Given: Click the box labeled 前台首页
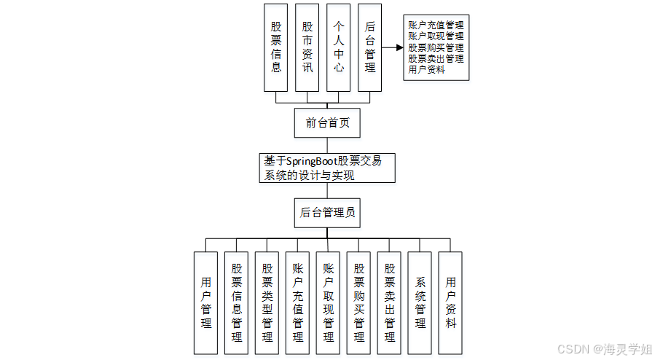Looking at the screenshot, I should click(327, 122).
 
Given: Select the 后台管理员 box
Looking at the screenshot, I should click(327, 213).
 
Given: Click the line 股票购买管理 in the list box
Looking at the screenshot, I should click(436, 47).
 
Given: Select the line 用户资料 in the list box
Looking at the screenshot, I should click(427, 70).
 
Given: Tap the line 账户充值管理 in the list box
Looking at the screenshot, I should click(436, 25).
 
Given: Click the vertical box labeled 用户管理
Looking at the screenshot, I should click(206, 302).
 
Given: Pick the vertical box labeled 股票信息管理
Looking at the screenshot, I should click(237, 302).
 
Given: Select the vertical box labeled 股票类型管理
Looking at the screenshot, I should click(267, 302).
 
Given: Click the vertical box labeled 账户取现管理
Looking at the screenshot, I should click(328, 302).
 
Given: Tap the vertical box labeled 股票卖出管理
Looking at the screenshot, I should click(390, 302).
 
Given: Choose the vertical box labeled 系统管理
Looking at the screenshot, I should click(420, 302).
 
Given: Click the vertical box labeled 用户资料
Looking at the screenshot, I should click(451, 302).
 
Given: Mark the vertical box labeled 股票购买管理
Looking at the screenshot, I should click(358, 302).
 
